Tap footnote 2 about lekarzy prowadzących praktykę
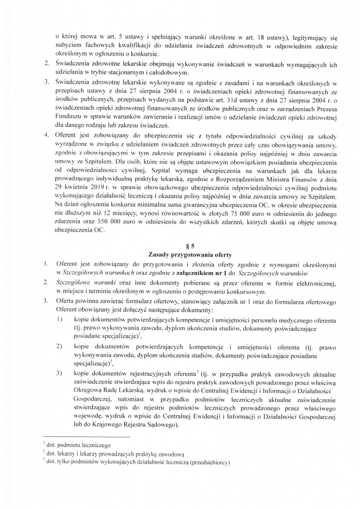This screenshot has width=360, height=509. click(x=102, y=454)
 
